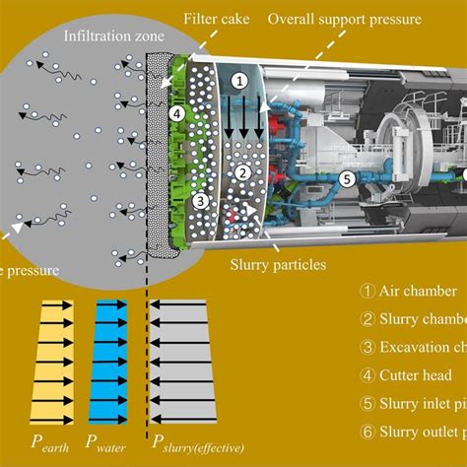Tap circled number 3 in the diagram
(x=200, y=200)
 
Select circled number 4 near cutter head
(x=176, y=113)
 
